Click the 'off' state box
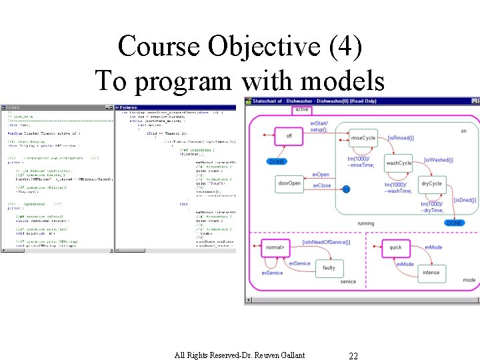pyautogui.click(x=289, y=136)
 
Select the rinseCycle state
pyautogui.click(x=363, y=138)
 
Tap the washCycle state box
pyautogui.click(x=399, y=163)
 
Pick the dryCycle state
pyautogui.click(x=431, y=183)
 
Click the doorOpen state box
pyautogui.click(x=289, y=183)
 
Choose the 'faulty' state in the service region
pyautogui.click(x=329, y=268)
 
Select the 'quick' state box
pyautogui.click(x=395, y=247)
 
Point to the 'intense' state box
pyautogui.click(x=431, y=272)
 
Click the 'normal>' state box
pyautogui.click(x=275, y=247)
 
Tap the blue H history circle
pyautogui.click(x=346, y=190)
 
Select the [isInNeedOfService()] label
pyautogui.click(x=326, y=242)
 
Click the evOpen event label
pyautogui.click(x=321, y=175)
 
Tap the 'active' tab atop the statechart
pyautogui.click(x=301, y=109)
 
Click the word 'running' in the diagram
pyautogui.click(x=365, y=223)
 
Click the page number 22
pyautogui.click(x=353, y=356)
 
